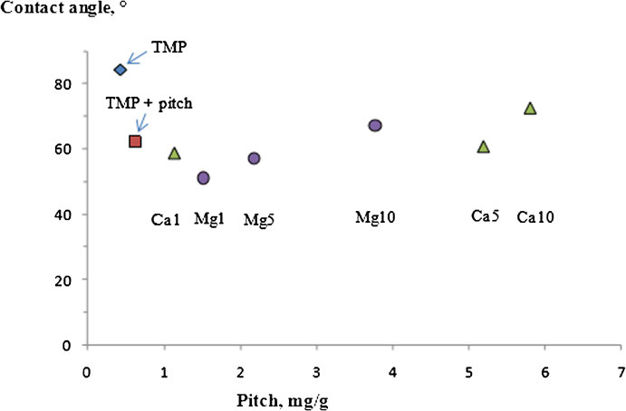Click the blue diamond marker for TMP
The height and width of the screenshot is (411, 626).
[x=120, y=70]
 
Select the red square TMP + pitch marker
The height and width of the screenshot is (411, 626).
[x=135, y=141]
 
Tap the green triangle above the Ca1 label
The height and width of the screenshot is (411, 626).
[x=175, y=154]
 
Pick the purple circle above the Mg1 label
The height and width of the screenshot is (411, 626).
[x=204, y=178]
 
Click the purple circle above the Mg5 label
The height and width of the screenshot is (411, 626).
[x=255, y=158]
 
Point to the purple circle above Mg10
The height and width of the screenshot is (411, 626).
[x=375, y=126]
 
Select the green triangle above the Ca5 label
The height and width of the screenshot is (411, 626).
[x=484, y=147]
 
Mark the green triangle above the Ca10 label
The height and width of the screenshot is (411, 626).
[x=530, y=109]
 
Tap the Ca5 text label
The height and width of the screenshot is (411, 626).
[x=485, y=216]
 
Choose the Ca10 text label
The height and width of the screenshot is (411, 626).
[x=536, y=217]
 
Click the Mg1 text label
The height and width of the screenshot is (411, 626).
[x=209, y=218]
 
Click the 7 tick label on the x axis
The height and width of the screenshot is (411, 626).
[x=621, y=370]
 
